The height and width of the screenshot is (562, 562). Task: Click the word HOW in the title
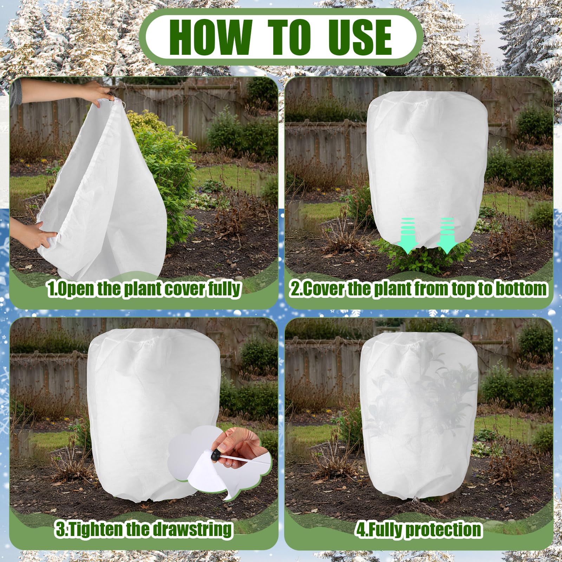(210, 37)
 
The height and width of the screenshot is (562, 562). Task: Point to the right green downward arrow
(447, 235)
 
